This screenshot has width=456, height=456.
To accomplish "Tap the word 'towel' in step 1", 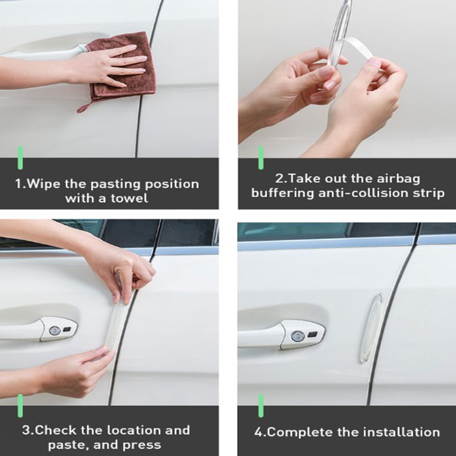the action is pyautogui.click(x=129, y=198).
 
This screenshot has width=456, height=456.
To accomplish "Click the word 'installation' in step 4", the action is pyautogui.click(x=401, y=432).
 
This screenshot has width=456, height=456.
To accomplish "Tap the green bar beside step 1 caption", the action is pyautogui.click(x=20, y=158).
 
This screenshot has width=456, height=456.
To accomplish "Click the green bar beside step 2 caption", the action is pyautogui.click(x=261, y=158).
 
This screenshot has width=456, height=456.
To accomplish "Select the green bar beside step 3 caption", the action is pyautogui.click(x=20, y=406).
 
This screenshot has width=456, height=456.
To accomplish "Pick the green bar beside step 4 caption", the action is pyautogui.click(x=261, y=406).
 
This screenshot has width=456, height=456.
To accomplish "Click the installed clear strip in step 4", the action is pyautogui.click(x=372, y=327).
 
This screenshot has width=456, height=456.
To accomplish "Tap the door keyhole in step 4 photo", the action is pyautogui.click(x=298, y=336).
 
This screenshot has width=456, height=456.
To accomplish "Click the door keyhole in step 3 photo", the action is pyautogui.click(x=55, y=331).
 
